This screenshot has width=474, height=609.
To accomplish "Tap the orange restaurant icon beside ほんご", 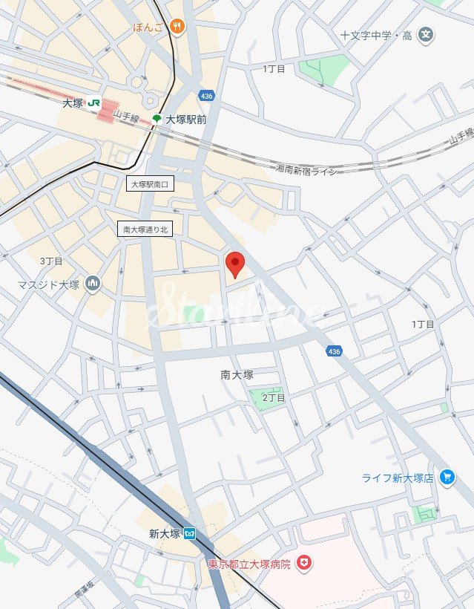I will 177,27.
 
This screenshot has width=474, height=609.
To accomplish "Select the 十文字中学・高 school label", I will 375,34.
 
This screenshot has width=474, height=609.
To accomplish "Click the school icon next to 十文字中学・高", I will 426,33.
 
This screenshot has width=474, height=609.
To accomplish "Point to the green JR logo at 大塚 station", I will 93,104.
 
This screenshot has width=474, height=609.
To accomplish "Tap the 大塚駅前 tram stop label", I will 185,119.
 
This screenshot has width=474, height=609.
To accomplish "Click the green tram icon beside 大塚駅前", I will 157,119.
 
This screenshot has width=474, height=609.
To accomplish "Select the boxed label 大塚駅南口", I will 150,184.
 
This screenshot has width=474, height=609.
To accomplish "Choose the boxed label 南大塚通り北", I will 145,229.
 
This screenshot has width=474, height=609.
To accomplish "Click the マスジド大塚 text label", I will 49,284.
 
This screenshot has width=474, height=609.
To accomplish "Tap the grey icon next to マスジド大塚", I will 93,283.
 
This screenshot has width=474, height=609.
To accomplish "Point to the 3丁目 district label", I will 51,261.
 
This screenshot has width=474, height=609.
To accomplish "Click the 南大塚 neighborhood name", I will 237,375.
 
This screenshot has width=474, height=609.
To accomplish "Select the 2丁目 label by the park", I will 274,398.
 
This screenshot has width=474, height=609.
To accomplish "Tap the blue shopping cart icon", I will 447,477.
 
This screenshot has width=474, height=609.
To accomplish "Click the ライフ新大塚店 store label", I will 398,478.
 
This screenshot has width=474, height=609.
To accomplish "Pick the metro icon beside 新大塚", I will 191,533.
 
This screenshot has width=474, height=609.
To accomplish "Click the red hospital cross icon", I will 303,564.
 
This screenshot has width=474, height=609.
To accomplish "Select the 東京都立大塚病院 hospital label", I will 248,564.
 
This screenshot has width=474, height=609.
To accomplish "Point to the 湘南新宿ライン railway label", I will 306,170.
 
